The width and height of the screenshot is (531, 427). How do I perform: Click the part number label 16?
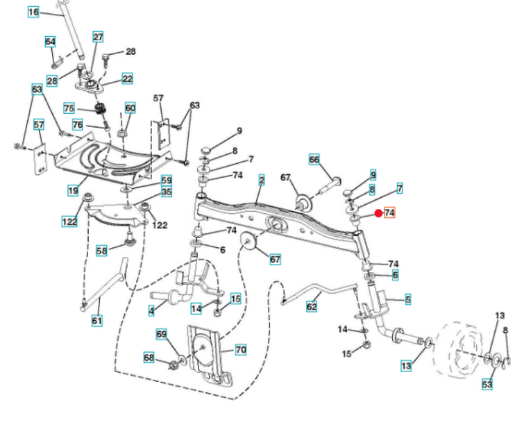point(33,12)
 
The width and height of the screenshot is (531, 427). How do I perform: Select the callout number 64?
point(50,42)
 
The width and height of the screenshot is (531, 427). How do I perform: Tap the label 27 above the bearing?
point(98,37)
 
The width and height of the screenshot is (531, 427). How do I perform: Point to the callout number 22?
point(127,78)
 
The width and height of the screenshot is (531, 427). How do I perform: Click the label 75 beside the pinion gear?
point(69,108)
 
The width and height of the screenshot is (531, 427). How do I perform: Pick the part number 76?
point(78,124)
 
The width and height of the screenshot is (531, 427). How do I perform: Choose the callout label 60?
point(130,108)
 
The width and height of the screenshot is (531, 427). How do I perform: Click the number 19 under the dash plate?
point(73,191)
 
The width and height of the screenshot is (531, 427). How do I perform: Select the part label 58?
point(101,251)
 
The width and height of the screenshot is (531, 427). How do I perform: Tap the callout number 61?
point(97,320)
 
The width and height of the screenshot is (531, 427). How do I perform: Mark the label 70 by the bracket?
point(240,349)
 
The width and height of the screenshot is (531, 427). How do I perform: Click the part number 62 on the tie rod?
point(312,306)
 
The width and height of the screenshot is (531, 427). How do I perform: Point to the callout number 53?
point(487,385)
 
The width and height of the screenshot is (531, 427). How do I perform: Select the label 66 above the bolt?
point(314,159)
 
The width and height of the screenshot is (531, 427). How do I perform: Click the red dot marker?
point(378,213)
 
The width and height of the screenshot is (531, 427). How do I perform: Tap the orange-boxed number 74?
point(389,212)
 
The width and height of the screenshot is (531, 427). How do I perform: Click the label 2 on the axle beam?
point(262,180)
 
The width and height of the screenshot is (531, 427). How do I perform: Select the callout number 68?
point(149,358)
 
